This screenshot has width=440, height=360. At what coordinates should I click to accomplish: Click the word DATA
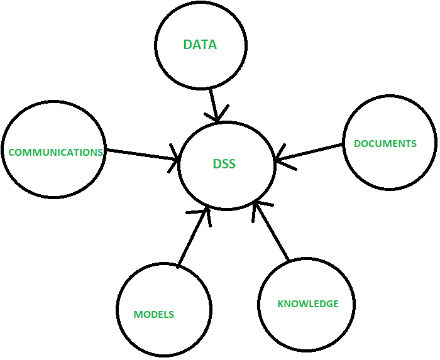[200, 45]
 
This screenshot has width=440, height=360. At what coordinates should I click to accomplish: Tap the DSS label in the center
[224, 164]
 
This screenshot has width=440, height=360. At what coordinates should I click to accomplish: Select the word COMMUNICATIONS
[55, 152]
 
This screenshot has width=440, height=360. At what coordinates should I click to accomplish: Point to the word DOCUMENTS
[385, 143]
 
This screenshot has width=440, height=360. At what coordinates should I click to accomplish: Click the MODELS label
[153, 314]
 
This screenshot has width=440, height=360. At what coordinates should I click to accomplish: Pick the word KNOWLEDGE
[308, 304]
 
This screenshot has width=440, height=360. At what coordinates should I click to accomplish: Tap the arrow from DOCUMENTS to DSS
[311, 153]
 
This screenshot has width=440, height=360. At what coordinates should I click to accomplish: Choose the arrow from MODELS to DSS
[192, 239]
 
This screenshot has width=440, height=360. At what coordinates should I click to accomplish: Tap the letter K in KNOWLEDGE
[280, 304]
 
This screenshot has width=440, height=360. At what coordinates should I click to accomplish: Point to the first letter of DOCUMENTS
[357, 143]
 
